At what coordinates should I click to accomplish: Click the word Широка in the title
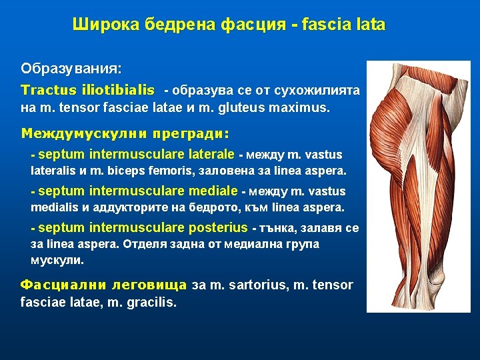coord(99,25)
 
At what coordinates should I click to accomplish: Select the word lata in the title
coord(370,25)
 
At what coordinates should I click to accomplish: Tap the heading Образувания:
coord(71,69)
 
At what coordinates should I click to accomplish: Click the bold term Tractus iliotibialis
coord(87,90)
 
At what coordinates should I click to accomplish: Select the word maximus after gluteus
coord(303,107)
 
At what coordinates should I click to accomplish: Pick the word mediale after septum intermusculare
coord(213,191)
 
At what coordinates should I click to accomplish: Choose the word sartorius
coord(256,285)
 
